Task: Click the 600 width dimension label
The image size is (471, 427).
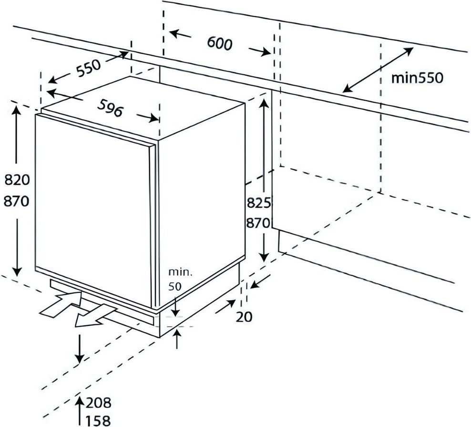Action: point(219,43)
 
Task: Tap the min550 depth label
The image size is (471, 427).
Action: point(417,78)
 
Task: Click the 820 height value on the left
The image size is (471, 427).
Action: point(17,180)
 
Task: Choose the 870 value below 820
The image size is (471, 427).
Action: point(17,201)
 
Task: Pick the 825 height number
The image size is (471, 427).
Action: point(258,203)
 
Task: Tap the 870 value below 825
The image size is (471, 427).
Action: point(258,223)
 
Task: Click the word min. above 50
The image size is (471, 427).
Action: point(179,273)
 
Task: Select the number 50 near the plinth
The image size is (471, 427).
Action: point(176,288)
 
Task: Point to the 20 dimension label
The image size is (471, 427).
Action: point(244,316)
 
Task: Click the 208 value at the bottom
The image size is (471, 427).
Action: point(99,403)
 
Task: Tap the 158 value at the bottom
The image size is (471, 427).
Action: point(99,420)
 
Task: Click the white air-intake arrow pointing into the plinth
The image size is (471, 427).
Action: point(60,306)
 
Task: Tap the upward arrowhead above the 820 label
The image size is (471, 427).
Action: point(17,111)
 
